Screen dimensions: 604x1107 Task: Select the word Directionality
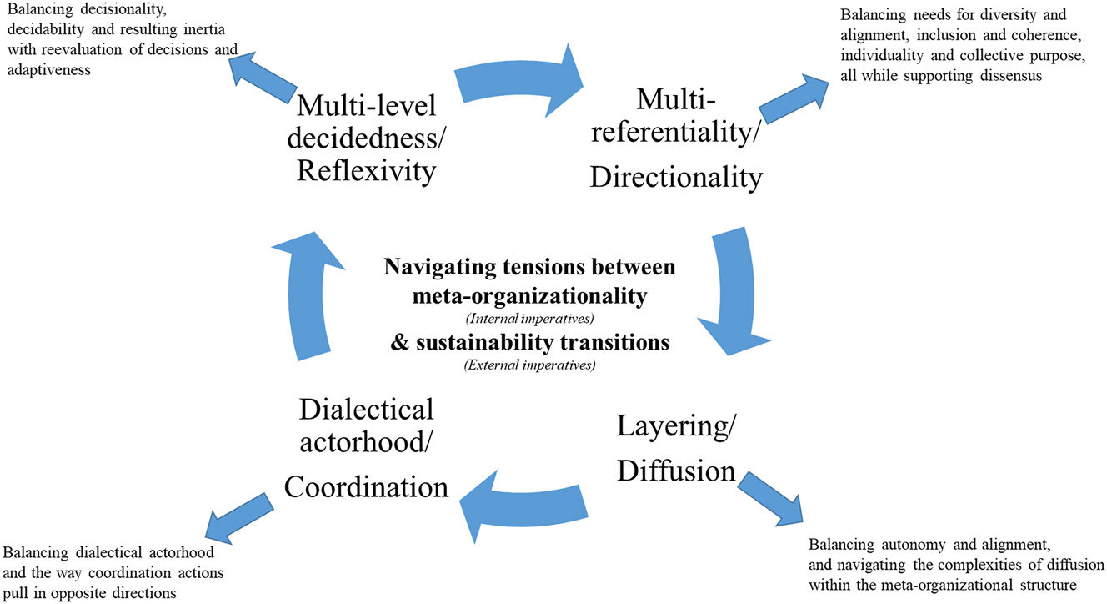click(675, 177)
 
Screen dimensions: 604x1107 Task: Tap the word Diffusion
click(676, 472)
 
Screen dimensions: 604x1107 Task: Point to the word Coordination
click(367, 486)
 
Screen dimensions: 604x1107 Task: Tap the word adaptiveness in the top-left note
click(48, 72)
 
